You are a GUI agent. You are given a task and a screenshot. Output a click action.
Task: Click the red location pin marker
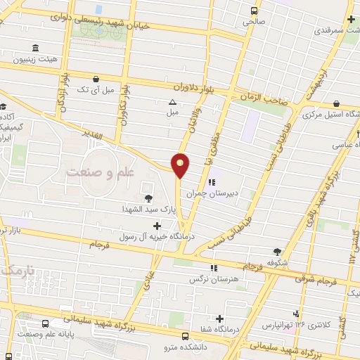181,165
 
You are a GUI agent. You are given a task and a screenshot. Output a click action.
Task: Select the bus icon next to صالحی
252,11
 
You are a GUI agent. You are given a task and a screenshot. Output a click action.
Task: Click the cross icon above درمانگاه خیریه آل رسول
156,226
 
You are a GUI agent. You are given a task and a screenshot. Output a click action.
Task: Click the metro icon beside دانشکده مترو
184,336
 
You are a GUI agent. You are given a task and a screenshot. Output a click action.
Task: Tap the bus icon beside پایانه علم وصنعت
46,325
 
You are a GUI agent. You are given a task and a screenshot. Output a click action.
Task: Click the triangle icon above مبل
172,103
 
